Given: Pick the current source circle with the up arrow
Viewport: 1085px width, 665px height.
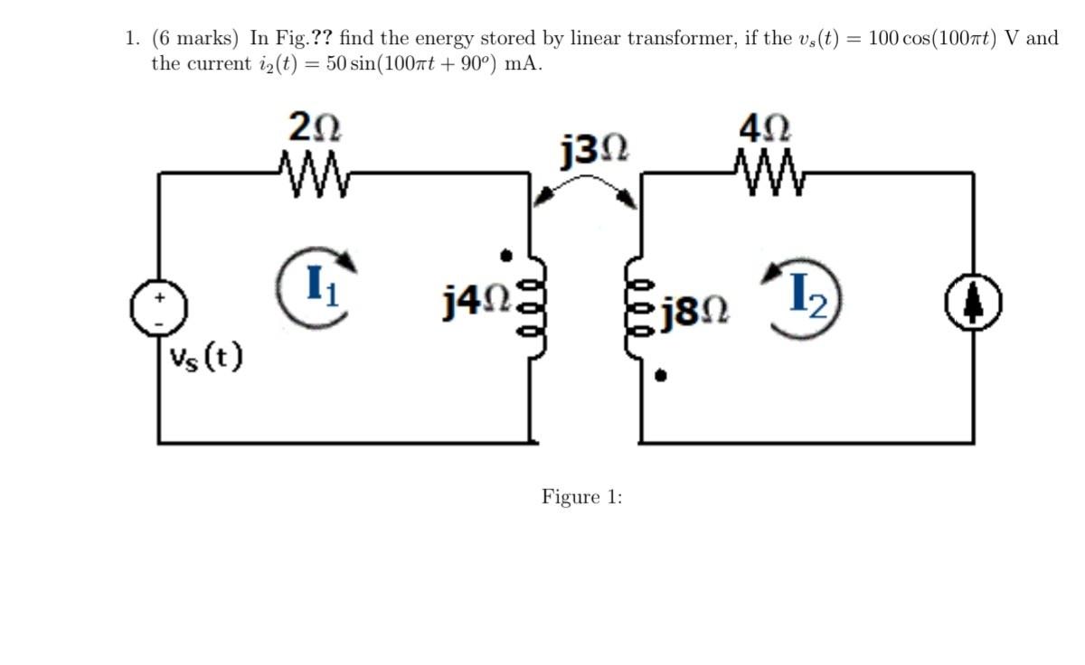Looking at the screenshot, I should (973, 307).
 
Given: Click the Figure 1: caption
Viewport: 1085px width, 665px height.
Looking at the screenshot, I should (581, 497).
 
